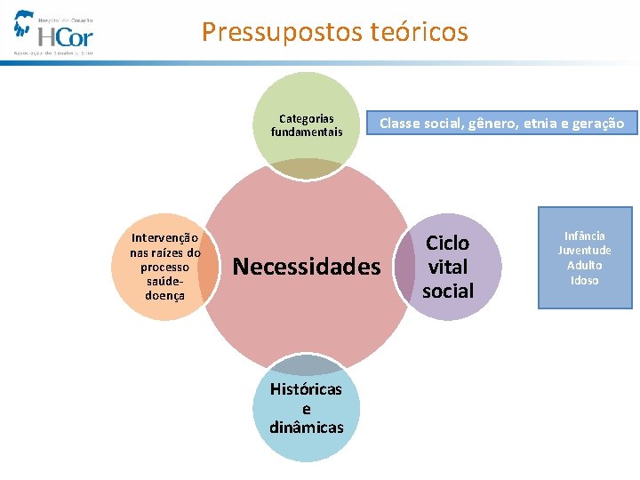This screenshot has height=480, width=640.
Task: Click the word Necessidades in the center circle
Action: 306,267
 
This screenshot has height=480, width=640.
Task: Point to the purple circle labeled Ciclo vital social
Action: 448,267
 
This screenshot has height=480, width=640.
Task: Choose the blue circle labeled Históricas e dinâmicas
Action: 307,408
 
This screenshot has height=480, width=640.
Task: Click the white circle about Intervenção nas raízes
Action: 165,267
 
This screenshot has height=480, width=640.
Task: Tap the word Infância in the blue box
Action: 585,236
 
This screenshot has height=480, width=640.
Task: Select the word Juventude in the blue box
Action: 585,251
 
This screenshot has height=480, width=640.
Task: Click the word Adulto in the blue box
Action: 585,265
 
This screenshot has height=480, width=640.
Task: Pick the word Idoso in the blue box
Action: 585,280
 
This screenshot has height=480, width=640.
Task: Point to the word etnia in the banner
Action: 540,124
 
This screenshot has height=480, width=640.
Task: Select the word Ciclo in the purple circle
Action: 448,244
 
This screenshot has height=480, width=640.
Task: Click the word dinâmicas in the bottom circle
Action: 307,428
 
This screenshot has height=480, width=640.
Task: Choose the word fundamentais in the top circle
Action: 307,132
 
